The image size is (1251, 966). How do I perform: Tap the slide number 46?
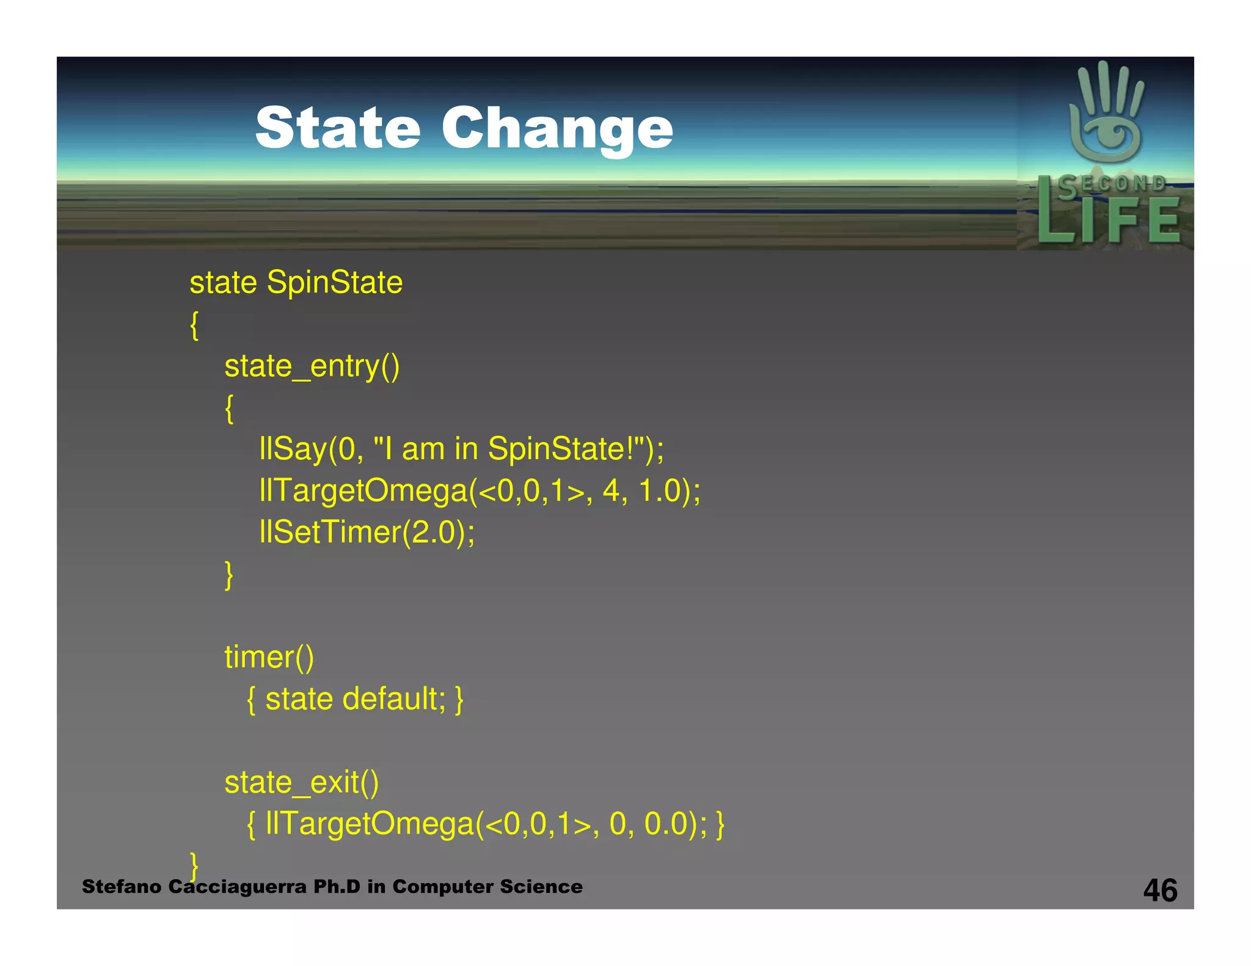(1160, 890)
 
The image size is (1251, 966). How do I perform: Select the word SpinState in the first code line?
(335, 283)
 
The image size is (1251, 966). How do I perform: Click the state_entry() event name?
(312, 366)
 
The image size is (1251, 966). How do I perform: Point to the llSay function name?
(293, 449)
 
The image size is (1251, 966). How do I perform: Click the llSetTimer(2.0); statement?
(367, 532)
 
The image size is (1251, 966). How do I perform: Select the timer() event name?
(269, 658)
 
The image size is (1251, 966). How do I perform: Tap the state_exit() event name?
(301, 783)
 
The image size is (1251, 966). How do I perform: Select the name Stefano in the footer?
(122, 887)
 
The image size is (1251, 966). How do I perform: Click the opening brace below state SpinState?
(194, 325)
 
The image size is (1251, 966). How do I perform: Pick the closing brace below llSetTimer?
(229, 575)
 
